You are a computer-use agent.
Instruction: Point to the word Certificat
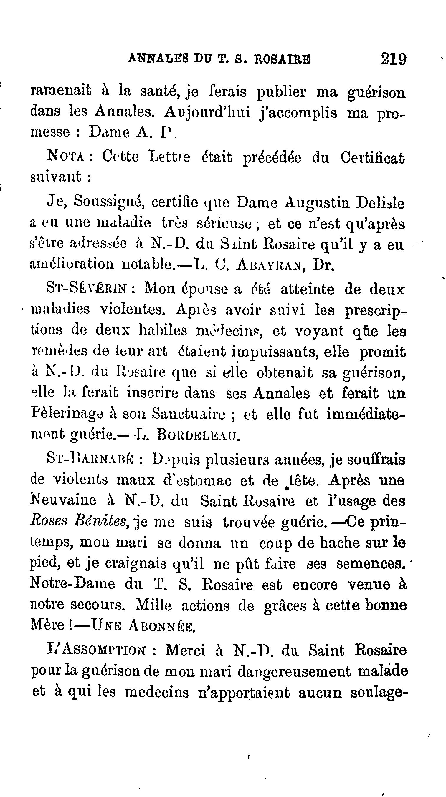pos(372,158)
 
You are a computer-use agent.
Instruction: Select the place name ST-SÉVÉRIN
pos(86,289)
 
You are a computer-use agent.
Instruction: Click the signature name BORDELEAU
pos(199,435)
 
